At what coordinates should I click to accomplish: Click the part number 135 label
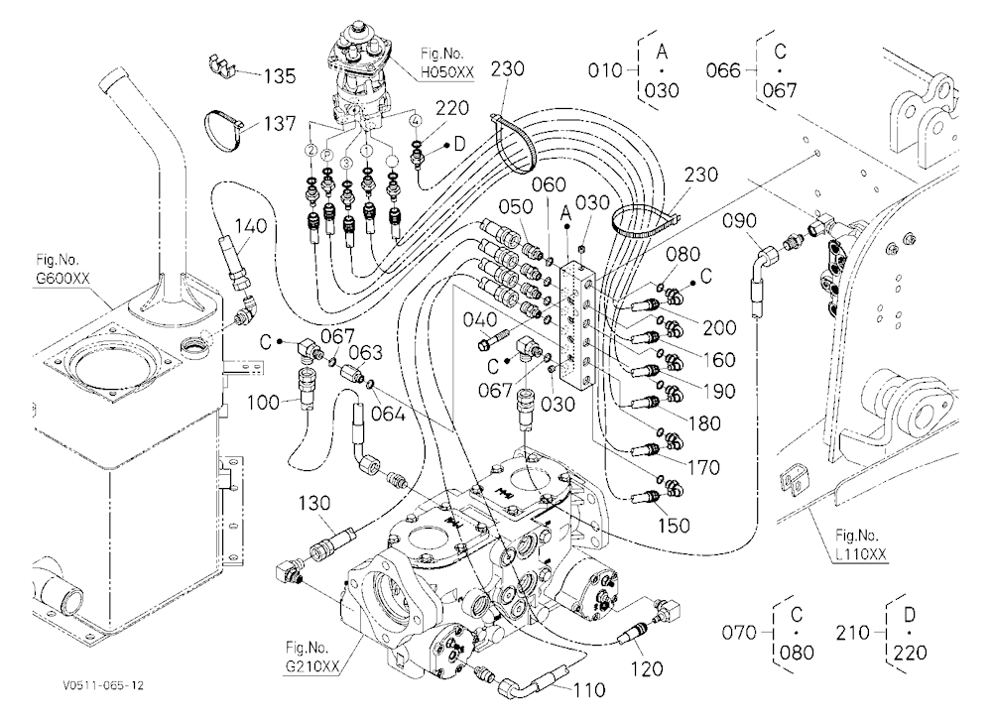pos(280,76)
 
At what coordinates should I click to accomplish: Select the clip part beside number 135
pos(221,65)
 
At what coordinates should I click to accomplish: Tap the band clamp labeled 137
pos(222,131)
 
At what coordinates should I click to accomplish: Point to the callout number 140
pos(251,226)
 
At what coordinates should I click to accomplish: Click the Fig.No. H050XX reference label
pos(446,63)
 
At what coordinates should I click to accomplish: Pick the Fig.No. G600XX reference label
pos(62,269)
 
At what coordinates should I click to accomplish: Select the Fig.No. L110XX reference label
pos(860,544)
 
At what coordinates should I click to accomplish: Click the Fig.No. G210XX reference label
pos(312,657)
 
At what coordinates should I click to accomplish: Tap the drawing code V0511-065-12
pos(103,686)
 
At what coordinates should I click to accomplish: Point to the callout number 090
pos(739,221)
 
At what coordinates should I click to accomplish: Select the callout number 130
pos(314,503)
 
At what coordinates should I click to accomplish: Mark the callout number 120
pos(647,668)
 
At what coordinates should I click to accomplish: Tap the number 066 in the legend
pos(723,70)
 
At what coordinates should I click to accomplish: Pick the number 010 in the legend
pos(605,70)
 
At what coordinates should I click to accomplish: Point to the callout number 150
pos(674,526)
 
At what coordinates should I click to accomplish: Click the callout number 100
pos(263,402)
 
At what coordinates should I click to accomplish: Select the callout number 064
pos(387,414)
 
